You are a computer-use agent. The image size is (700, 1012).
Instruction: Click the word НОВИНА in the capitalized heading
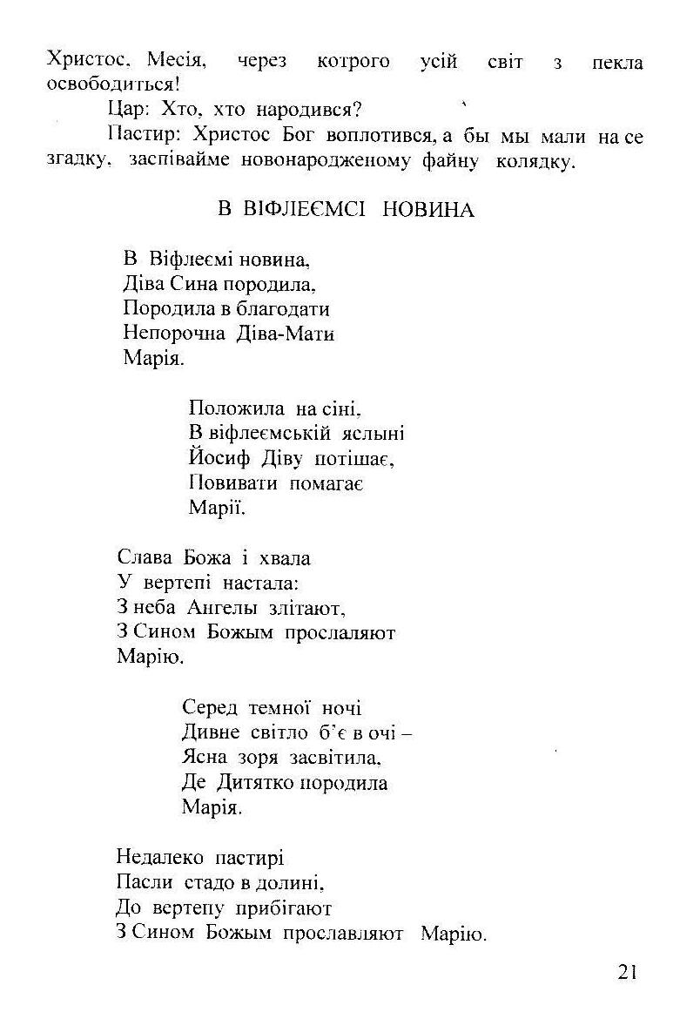point(428,210)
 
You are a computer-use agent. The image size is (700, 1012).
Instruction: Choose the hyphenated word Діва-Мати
point(286,333)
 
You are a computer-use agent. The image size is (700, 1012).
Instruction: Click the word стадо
point(204,883)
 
